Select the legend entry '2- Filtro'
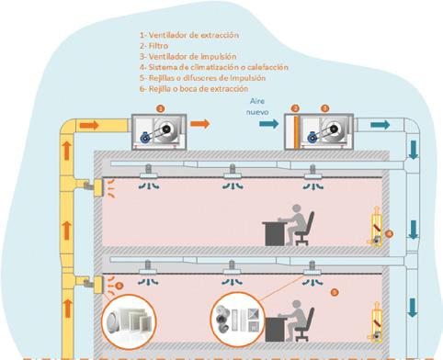(154, 46)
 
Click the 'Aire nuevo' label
(257, 107)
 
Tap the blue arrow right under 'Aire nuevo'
(269, 124)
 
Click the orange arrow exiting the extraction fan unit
(200, 124)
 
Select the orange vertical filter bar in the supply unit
(296, 132)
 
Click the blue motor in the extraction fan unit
(144, 138)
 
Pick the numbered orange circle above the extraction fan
(161, 108)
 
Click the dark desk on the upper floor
(274, 233)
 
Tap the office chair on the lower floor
(305, 324)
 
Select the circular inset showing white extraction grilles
(129, 322)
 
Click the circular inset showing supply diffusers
(238, 321)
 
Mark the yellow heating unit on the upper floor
(377, 226)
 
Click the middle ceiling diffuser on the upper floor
(233, 175)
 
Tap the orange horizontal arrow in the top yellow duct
(89, 125)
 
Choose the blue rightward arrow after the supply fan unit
(381, 125)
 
